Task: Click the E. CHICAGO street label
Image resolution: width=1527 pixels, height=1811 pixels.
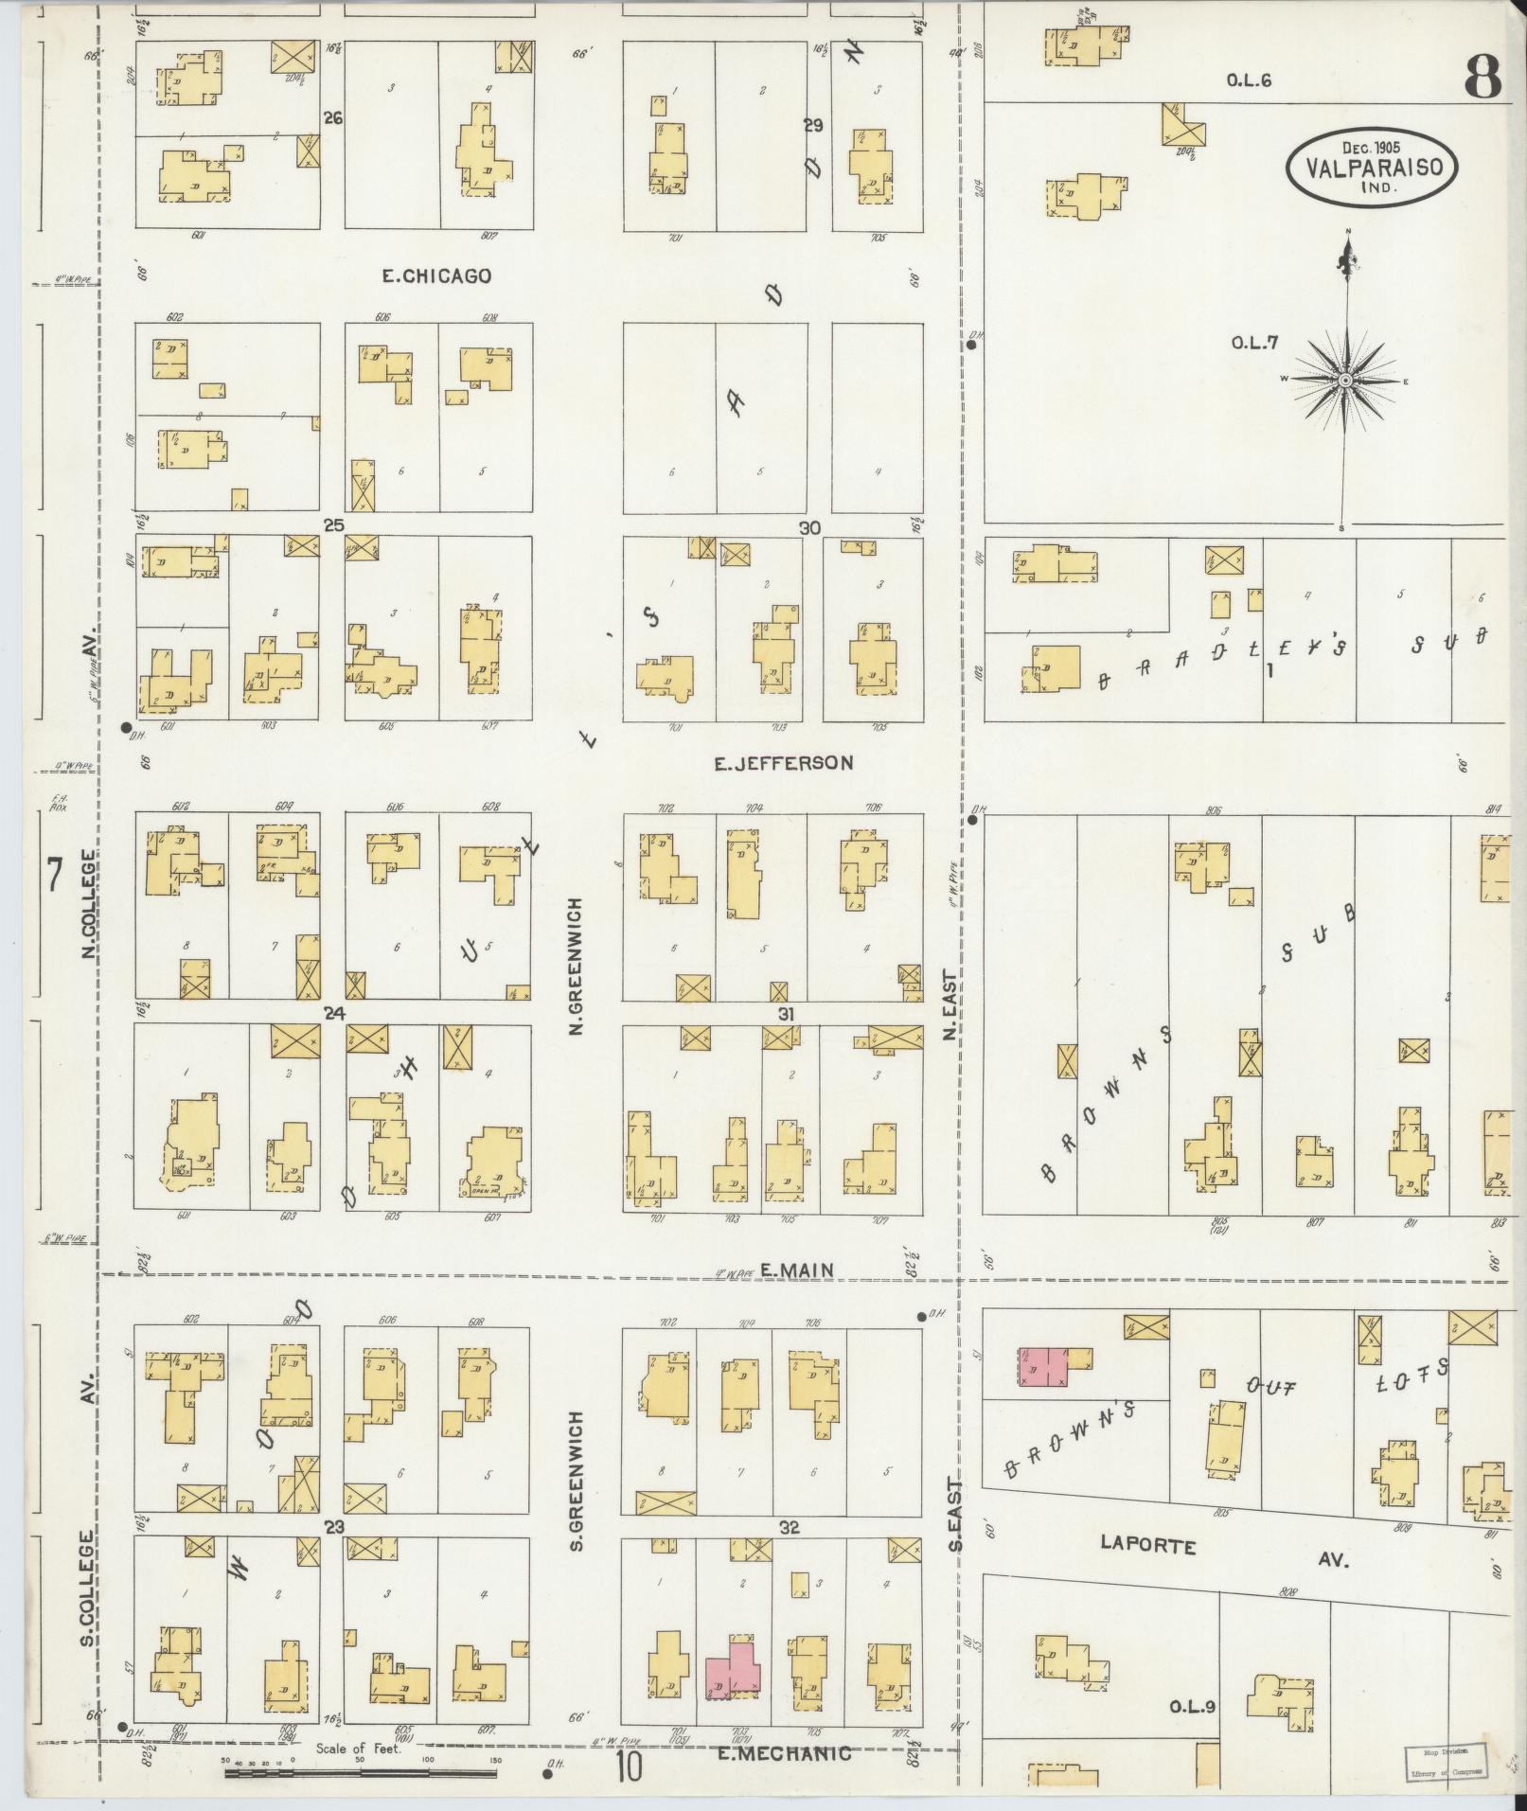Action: [x=436, y=276]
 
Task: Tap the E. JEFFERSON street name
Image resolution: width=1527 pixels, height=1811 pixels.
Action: [x=784, y=762]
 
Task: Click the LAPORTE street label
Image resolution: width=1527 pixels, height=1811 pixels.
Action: [x=1147, y=1545]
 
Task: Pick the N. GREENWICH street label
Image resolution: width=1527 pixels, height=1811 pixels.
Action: [x=575, y=967]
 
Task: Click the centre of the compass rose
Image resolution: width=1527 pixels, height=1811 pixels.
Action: [x=1344, y=381]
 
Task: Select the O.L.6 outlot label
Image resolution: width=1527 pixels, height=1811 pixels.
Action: [x=1249, y=81]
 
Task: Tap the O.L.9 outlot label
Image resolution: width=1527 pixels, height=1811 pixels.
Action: [x=1192, y=1708]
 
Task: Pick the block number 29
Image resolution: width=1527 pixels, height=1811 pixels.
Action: [x=812, y=125]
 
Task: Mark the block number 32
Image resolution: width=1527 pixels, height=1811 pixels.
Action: [x=790, y=1527]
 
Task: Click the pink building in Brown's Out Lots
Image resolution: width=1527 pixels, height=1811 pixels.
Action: [x=1042, y=1367]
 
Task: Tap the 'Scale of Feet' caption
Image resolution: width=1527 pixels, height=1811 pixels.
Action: [x=360, y=1749]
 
